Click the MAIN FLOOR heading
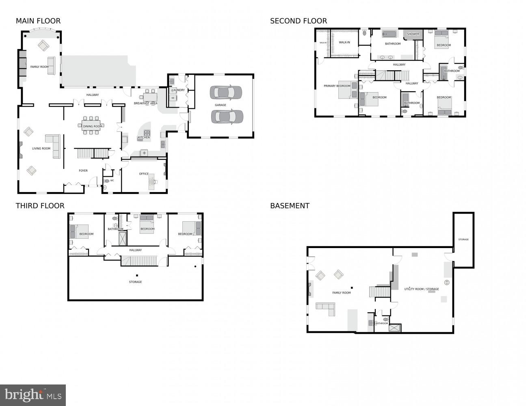(x=38, y=21)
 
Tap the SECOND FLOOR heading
(x=298, y=21)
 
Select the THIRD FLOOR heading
(x=40, y=206)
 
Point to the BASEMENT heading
(x=290, y=206)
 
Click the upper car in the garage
(x=225, y=93)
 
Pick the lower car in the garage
(x=227, y=117)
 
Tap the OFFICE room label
(x=144, y=174)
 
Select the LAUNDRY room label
(x=178, y=90)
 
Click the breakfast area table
(x=149, y=97)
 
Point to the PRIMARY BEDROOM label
(x=337, y=86)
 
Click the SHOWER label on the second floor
(x=413, y=34)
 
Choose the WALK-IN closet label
(x=344, y=42)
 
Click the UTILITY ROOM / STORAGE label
(x=421, y=289)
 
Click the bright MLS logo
(x=33, y=395)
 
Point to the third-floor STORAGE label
(x=135, y=282)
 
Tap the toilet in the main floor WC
(x=107, y=181)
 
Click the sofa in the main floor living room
(x=54, y=145)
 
